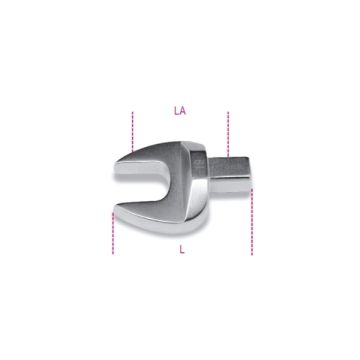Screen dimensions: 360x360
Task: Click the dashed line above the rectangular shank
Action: [x=230, y=130]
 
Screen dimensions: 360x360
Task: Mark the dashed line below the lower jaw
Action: [x=113, y=232]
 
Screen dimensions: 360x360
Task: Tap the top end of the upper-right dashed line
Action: [x=230, y=112]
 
